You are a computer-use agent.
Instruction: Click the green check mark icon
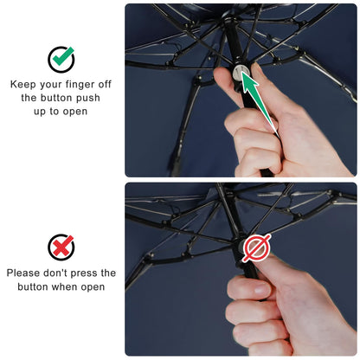tap(61, 59)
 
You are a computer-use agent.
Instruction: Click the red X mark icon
tap(61, 247)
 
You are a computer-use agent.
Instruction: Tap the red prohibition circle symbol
tap(257, 247)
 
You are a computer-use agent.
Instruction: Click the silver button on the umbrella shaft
tap(239, 73)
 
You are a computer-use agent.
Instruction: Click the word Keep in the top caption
tap(23, 84)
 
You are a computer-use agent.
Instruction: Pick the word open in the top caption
tap(75, 112)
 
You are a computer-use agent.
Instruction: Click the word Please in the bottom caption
tap(23, 273)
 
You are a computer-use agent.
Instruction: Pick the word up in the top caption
tap(40, 112)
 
